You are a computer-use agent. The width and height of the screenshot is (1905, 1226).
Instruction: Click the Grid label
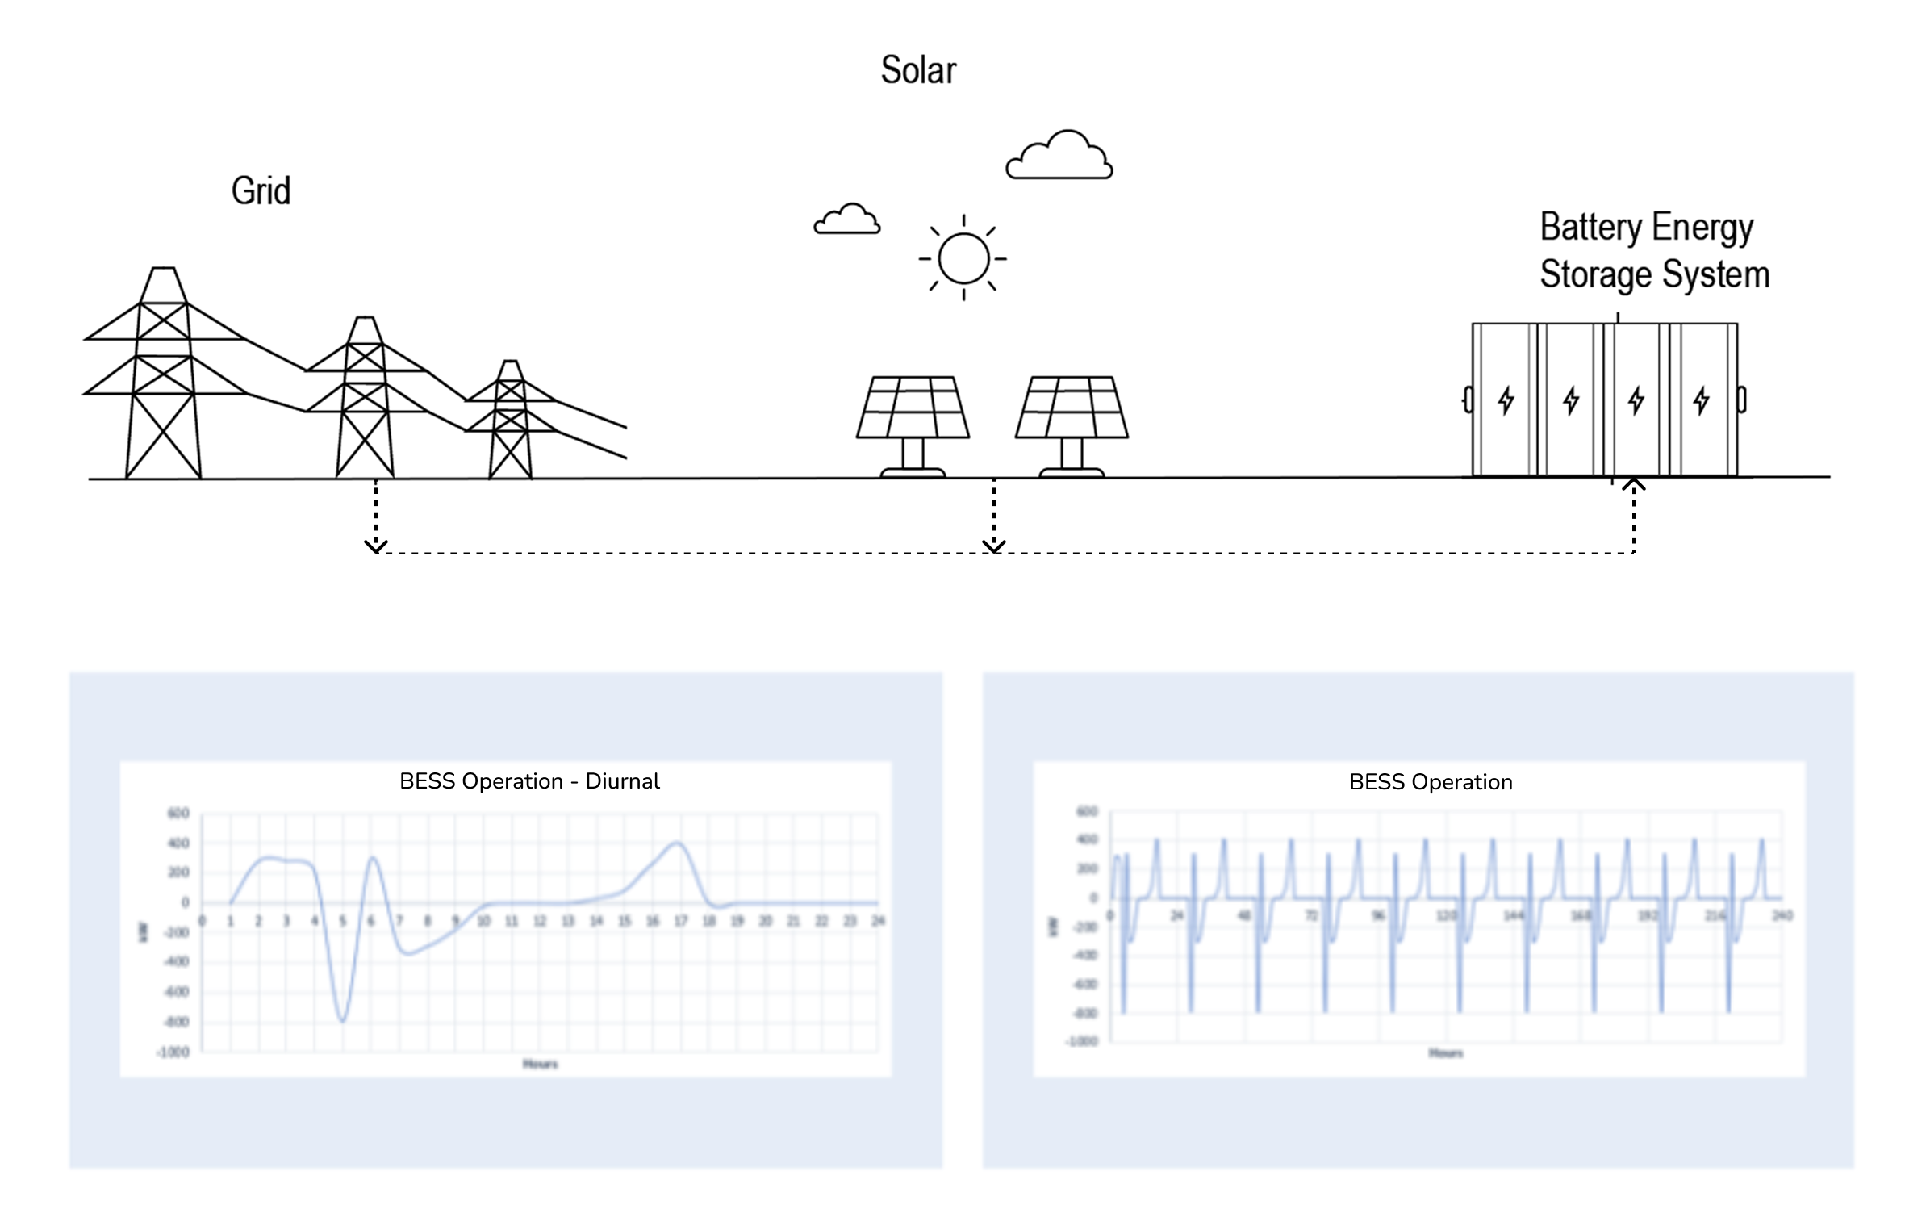click(261, 191)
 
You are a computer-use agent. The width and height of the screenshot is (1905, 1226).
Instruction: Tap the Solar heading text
click(918, 70)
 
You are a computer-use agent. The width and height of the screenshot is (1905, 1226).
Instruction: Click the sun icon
click(963, 258)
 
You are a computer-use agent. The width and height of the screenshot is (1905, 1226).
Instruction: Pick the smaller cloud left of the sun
click(846, 220)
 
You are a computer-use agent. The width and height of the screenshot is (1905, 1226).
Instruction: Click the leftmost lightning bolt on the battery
click(1506, 400)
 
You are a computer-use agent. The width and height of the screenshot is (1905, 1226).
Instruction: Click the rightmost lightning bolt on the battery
click(1701, 400)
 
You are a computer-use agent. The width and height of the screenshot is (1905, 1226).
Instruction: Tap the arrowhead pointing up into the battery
click(1633, 484)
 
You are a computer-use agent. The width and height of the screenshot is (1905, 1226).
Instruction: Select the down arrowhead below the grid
click(376, 546)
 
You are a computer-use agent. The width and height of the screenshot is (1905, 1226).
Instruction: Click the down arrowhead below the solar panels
click(994, 546)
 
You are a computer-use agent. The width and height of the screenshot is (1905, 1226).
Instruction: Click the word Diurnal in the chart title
click(622, 781)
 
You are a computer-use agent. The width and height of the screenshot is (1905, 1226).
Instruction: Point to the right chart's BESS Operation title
click(1431, 782)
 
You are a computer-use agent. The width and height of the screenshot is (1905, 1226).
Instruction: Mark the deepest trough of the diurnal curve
click(342, 1021)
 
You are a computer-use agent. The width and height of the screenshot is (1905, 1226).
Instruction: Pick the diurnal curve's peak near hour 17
click(679, 843)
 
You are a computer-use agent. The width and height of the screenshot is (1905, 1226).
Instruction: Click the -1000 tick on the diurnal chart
click(173, 1052)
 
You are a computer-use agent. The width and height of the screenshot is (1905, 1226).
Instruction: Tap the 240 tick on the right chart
click(1782, 915)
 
